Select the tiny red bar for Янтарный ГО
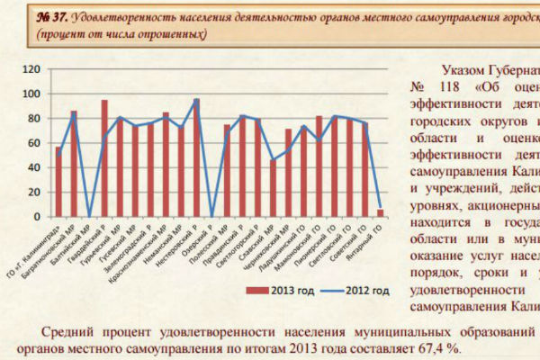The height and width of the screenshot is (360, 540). [x=380, y=213]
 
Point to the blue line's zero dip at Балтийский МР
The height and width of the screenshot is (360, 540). [x=89, y=216]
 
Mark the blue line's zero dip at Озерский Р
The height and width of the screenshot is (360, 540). [x=211, y=216]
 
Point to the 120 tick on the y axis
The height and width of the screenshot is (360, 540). [x=31, y=69]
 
